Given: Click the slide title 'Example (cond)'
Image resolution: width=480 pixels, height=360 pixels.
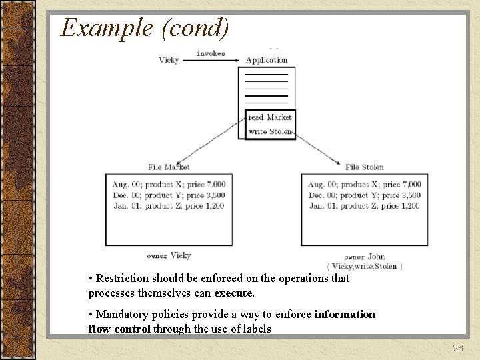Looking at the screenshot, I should pos(145,27).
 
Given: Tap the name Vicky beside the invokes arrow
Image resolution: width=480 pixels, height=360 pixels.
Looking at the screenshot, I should pos(169,60).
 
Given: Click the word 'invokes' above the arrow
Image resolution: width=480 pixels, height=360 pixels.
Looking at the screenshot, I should pos(211,53).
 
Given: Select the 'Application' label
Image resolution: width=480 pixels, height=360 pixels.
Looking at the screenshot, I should pos(267,60).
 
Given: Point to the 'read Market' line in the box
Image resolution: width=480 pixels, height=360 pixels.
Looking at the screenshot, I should pos(270,117).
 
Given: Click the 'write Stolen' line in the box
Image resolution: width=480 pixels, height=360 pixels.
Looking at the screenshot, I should pos(270,131).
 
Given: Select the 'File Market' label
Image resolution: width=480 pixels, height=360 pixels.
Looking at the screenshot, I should pos(169,167).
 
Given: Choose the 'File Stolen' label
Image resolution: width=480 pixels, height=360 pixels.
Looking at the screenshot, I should pos(365,167).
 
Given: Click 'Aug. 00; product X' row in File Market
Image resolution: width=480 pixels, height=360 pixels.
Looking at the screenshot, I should pos(142,184).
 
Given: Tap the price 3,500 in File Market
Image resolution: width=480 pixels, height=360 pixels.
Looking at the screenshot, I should pos(214,195).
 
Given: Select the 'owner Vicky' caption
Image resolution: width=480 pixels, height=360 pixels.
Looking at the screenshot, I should pos(169,255).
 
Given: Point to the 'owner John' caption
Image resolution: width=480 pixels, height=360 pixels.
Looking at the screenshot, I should pos(365,257).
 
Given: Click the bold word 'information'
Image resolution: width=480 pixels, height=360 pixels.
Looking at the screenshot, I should pos(345,314).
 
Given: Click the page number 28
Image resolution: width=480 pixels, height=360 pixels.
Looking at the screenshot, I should pos(457,348).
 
